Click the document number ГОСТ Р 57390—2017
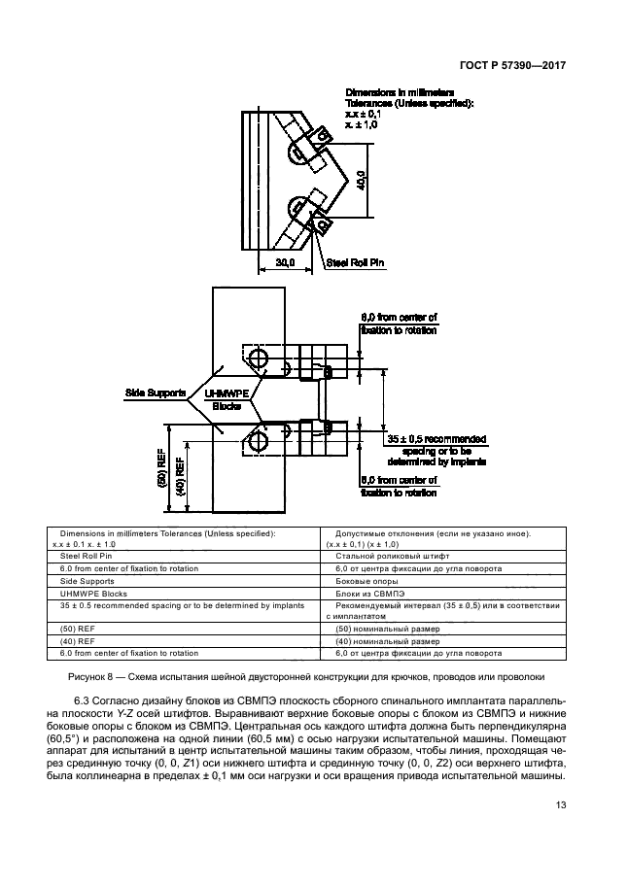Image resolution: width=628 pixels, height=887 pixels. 512,66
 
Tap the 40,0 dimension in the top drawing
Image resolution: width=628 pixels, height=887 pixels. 363,181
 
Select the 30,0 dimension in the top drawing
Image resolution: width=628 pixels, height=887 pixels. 285,262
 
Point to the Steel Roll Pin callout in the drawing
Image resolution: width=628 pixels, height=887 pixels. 355,262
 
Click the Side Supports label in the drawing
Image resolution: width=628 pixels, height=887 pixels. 156,392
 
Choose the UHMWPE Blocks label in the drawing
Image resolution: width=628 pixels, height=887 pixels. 227,400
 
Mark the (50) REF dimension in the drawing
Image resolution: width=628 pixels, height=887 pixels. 161,469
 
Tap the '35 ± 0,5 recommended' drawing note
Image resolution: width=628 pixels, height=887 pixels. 436,439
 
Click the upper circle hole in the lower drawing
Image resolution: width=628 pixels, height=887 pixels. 260,358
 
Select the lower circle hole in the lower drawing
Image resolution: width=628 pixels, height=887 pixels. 260,439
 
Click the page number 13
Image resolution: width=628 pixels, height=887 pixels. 561,805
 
